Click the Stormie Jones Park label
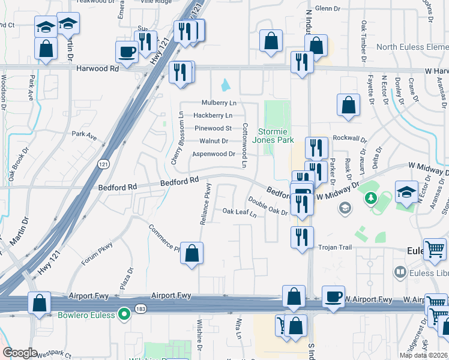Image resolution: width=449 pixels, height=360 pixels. pos(276,136)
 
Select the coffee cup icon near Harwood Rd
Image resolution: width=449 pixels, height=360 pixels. pos(127,52)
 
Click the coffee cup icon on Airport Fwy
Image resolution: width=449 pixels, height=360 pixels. pos(333,295)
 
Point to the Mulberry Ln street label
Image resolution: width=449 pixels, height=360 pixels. pos(219,103)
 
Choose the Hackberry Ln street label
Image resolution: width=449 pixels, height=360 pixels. pos(212,115)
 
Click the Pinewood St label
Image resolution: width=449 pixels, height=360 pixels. pos(212,128)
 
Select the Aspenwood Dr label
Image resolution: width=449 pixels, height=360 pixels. pos(213,154)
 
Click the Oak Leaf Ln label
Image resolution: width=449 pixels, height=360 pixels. pos(240,212)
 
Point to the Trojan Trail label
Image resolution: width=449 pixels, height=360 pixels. pos(333,247)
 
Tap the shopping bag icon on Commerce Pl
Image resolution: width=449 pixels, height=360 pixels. pos(191,254)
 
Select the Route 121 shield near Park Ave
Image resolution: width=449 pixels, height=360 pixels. pos(103,163)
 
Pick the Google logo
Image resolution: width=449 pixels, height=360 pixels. pos(20,353)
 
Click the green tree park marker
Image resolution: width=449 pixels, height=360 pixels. pos(371,197)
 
